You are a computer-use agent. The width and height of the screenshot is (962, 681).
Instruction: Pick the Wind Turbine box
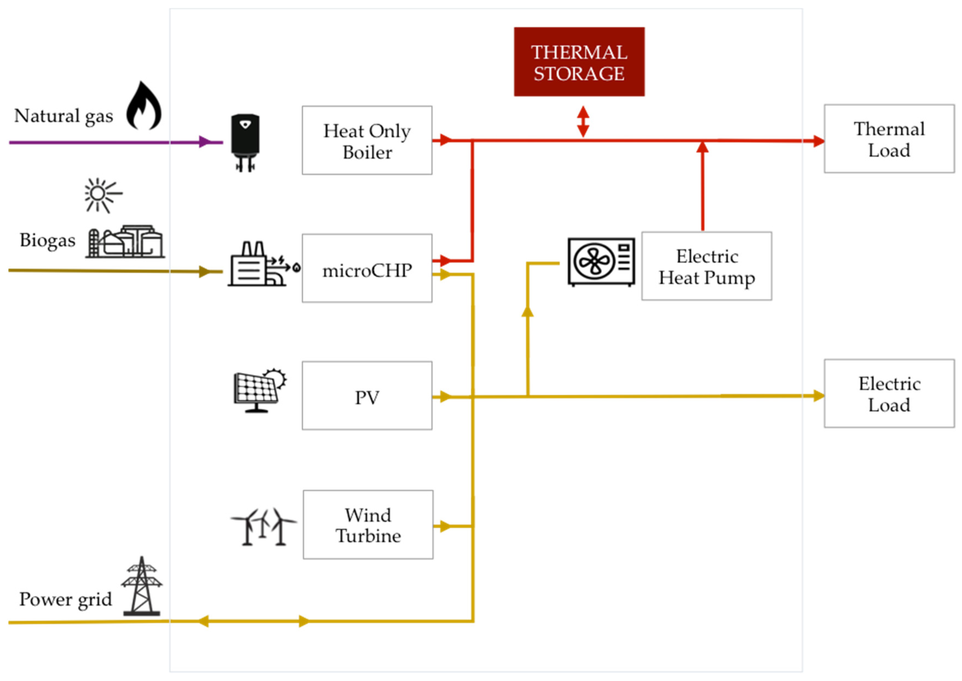click(368, 525)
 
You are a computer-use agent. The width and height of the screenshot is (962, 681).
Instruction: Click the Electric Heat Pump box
click(706, 266)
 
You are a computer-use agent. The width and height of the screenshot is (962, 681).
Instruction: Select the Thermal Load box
click(889, 138)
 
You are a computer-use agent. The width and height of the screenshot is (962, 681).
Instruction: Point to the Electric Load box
click(889, 393)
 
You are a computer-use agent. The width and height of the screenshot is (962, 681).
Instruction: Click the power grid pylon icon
click(142, 586)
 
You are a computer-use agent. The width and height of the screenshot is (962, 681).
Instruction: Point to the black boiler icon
click(245, 143)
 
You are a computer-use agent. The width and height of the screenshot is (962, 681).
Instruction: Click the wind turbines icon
click(263, 527)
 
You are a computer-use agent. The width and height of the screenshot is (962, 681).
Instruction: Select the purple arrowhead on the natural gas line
click(205, 142)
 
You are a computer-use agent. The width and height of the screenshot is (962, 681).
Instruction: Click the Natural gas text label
click(64, 116)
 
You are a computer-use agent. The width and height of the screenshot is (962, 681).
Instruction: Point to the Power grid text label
click(65, 599)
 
